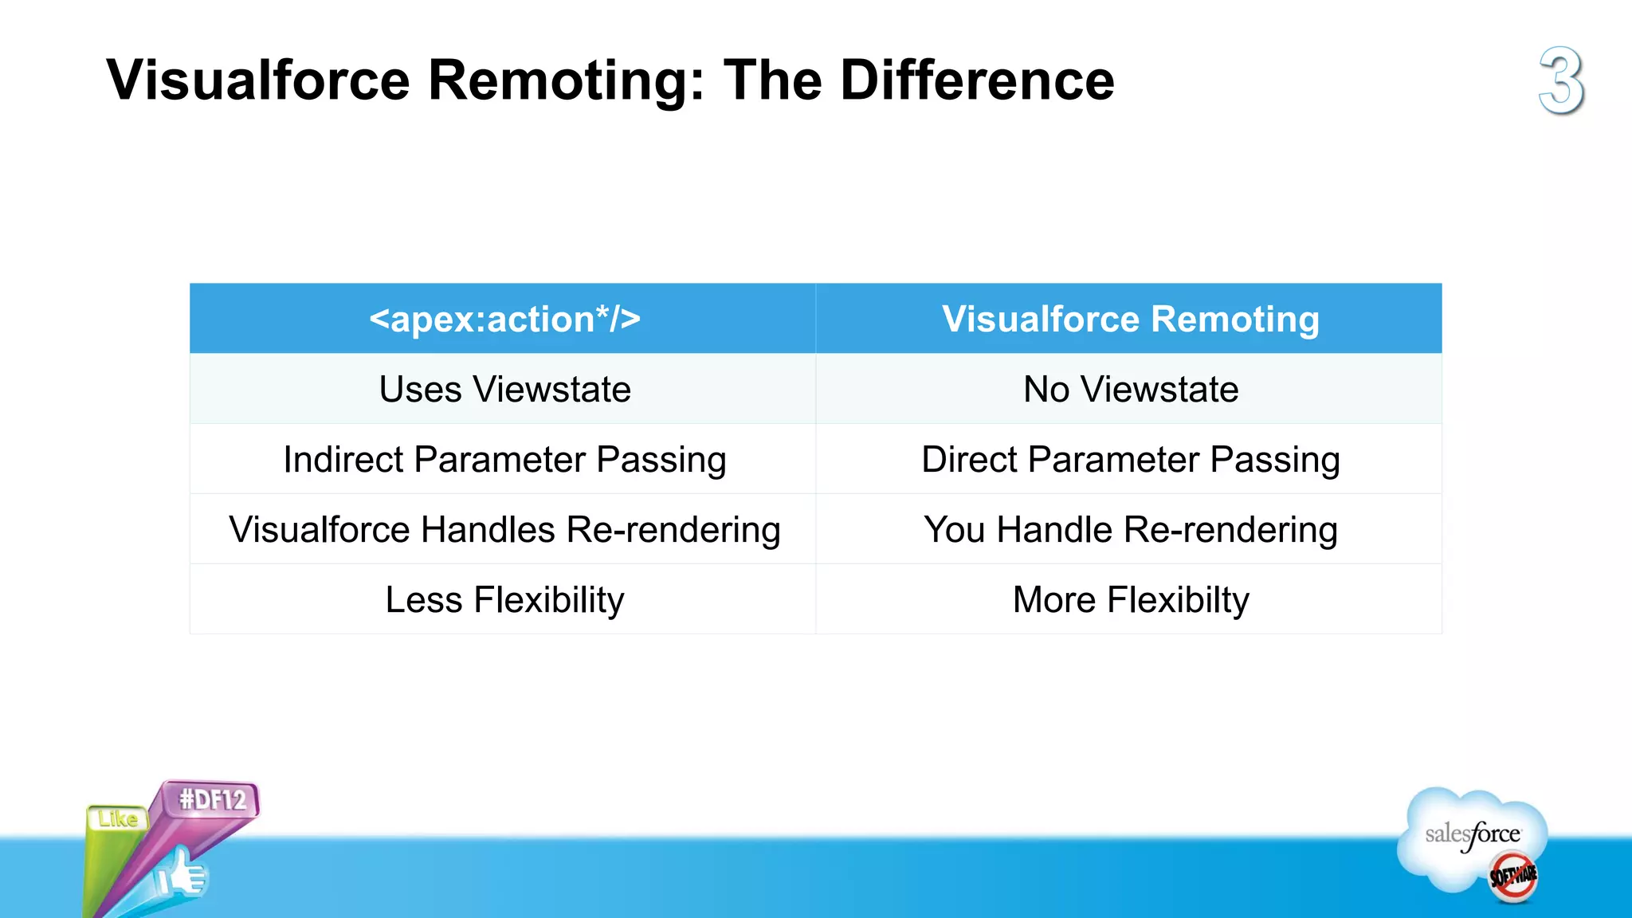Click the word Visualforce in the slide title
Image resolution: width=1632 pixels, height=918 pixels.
tap(257, 80)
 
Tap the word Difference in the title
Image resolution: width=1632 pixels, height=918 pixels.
tap(977, 80)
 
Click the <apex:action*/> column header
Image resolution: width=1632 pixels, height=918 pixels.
tap(504, 319)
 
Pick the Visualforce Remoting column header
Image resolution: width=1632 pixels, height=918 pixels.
tap(1130, 319)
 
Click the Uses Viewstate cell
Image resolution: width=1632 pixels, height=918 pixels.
tap(504, 390)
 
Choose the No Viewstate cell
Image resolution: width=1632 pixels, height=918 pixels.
tap(1130, 390)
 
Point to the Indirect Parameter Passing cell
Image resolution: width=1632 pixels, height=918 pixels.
tap(504, 460)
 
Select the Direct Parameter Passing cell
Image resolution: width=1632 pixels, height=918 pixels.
tap(1130, 460)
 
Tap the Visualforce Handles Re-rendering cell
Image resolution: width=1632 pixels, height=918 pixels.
tap(504, 530)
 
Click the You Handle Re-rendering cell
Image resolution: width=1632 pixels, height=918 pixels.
tap(1130, 530)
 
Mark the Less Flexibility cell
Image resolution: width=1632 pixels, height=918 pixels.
tap(504, 600)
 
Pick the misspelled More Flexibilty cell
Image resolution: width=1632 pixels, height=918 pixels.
tap(1130, 600)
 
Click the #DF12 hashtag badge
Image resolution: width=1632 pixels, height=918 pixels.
tap(212, 799)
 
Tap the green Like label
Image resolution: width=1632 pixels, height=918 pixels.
tap(117, 819)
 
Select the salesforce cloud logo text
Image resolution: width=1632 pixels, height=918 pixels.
tap(1472, 834)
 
